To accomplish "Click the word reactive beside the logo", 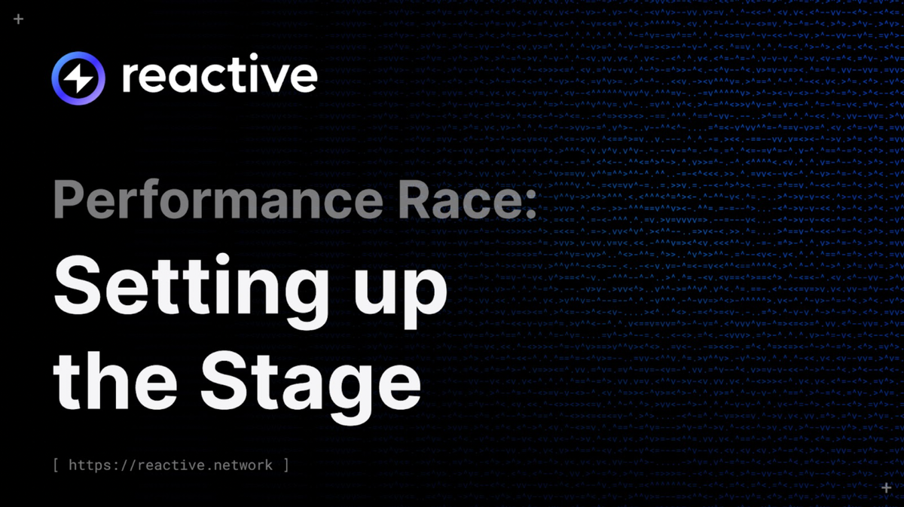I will click(x=219, y=77).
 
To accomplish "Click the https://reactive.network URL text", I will click(x=170, y=465).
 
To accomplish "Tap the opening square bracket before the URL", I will click(x=57, y=465).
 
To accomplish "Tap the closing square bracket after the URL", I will click(x=286, y=465).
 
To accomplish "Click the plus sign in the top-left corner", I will click(x=19, y=19).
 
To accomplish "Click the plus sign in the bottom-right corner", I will click(x=886, y=488).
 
